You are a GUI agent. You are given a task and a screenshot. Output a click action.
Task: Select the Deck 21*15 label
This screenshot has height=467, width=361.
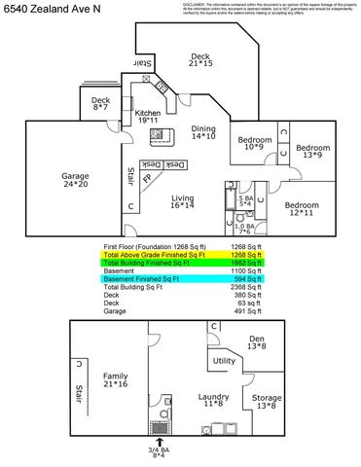click(x=201, y=60)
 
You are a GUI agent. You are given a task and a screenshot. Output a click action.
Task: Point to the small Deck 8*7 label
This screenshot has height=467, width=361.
click(x=101, y=103)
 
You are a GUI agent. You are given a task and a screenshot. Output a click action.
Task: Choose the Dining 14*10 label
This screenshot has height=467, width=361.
click(x=203, y=133)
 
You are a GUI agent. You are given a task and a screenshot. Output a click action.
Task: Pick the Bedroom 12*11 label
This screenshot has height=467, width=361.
click(x=302, y=209)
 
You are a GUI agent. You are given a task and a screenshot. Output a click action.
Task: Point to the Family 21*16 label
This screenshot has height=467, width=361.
click(x=116, y=379)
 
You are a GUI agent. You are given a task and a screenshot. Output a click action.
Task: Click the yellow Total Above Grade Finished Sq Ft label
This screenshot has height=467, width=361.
click(x=155, y=255)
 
